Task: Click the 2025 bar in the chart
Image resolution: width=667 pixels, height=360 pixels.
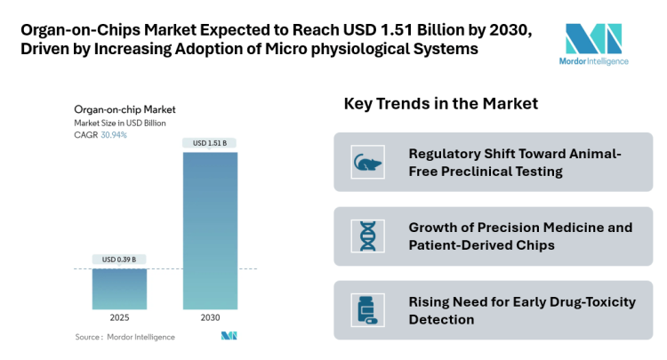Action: click(120, 289)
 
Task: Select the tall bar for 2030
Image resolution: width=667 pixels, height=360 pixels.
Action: click(211, 231)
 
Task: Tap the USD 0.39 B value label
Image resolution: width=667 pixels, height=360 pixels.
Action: click(120, 260)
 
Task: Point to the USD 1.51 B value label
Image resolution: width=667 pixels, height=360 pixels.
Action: click(211, 143)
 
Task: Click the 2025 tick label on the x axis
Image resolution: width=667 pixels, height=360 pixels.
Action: click(120, 316)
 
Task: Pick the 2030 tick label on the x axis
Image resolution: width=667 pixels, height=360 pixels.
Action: click(211, 316)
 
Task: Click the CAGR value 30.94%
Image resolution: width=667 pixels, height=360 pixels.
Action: click(113, 135)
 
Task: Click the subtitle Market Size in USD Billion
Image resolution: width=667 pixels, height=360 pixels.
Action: click(120, 124)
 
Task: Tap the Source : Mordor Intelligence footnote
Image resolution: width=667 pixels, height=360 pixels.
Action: click(125, 337)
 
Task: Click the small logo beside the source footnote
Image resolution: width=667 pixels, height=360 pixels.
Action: click(229, 336)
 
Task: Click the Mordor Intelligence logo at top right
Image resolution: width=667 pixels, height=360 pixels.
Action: click(596, 44)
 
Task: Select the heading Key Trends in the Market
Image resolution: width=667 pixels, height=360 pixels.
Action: click(441, 104)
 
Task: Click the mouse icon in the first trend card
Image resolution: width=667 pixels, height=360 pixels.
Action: click(366, 163)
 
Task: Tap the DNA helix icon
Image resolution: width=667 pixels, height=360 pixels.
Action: click(366, 236)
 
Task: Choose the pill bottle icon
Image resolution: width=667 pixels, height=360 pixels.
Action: click(366, 310)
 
